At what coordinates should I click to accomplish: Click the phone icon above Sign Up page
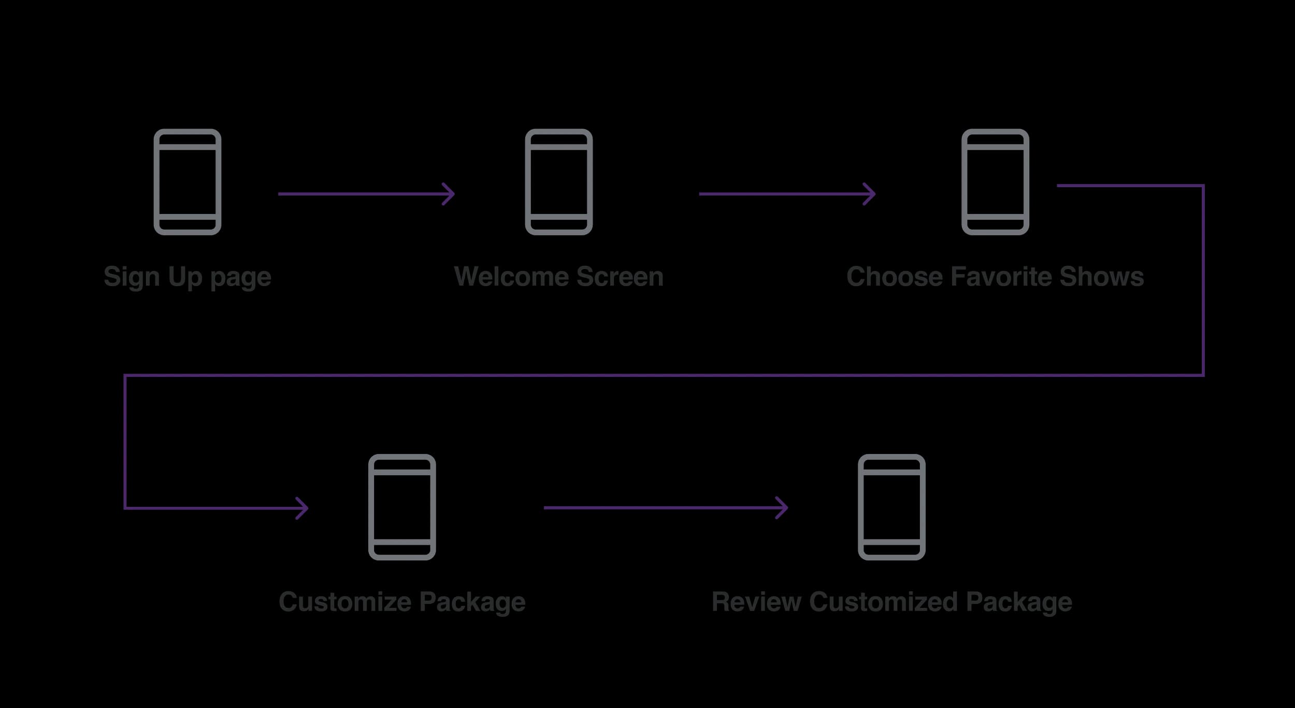pos(188,182)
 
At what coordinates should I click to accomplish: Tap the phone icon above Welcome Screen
pos(558,182)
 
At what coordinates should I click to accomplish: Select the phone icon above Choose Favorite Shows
pos(995,182)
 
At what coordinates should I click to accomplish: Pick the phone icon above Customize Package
pos(402,507)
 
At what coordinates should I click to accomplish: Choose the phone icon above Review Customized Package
pos(891,507)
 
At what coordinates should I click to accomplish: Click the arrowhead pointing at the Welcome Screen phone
pos(450,194)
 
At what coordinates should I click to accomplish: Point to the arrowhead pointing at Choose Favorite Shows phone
pos(870,194)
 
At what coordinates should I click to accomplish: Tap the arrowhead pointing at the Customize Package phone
pos(303,508)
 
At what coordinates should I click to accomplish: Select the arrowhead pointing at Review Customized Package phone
pos(783,507)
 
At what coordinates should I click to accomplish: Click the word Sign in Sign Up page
pos(131,277)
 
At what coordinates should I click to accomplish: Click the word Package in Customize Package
pos(472,602)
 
